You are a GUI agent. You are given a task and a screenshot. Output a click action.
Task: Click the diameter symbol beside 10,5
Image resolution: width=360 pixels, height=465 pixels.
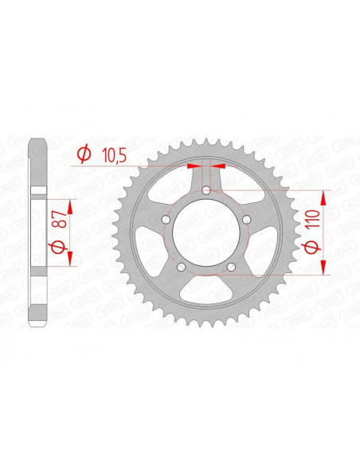coord(82,154)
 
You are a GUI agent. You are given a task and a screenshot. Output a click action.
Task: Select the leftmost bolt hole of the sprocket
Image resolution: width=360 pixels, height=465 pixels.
coord(165,221)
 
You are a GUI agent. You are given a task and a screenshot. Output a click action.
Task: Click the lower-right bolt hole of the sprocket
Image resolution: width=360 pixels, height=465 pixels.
coord(231,268)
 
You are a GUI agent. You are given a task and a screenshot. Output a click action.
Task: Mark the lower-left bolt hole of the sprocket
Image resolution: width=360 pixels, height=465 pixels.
coord(181,268)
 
